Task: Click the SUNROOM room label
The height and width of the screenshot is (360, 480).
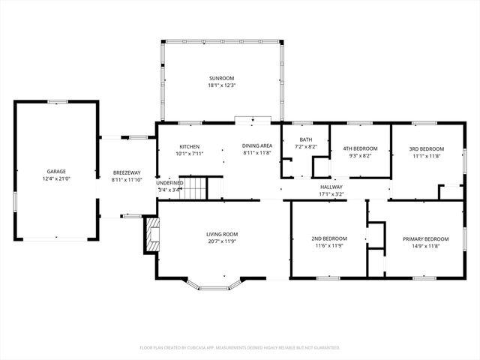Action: [221, 78]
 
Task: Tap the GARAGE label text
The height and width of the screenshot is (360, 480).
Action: [56, 172]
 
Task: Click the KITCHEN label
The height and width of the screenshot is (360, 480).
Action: [189, 146]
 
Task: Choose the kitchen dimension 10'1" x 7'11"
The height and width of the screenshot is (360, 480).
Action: [189, 154]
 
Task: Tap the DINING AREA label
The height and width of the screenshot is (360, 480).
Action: [256, 146]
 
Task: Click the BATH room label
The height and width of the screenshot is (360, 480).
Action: [306, 139]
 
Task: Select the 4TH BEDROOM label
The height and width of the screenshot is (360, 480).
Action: [360, 148]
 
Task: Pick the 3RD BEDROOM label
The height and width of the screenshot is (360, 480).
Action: [427, 148]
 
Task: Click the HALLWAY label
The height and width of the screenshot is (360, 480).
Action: [331, 187]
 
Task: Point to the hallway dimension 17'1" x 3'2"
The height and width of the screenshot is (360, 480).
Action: [331, 194]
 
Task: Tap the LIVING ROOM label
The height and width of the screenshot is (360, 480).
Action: [222, 235]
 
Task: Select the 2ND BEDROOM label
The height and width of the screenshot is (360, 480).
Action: [327, 238]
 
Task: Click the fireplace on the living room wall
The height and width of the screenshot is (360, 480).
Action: [152, 235]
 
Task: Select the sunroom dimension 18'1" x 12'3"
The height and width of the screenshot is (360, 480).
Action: [221, 85]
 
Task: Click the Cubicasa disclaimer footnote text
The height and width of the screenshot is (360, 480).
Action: [240, 347]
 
